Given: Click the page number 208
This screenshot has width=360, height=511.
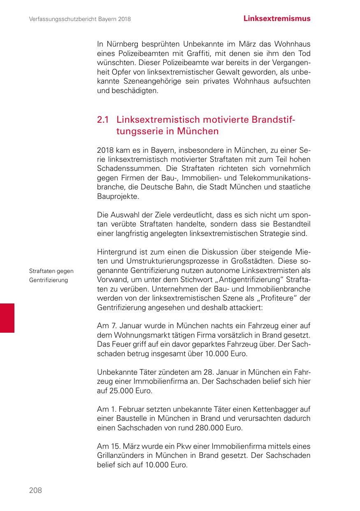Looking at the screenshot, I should pyautogui.click(x=35, y=490).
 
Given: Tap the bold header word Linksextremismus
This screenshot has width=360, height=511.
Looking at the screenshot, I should pyautogui.click(x=277, y=19).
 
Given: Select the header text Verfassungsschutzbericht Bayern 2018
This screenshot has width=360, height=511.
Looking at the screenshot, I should pyautogui.click(x=80, y=19).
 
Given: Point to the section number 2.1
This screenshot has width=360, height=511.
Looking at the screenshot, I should pyautogui.click(x=102, y=120).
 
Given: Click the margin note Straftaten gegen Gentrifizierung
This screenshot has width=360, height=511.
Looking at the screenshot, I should pyautogui.click(x=51, y=275).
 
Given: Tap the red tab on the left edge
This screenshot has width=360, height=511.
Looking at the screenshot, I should pyautogui.click(x=7, y=317).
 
